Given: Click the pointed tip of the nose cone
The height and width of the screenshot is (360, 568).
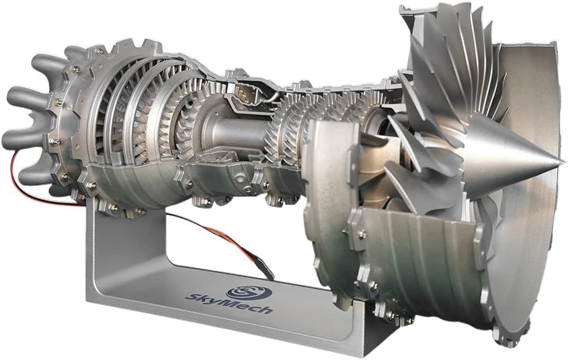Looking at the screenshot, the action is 564,159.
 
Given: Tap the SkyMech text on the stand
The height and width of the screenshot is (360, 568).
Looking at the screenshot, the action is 229,304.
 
